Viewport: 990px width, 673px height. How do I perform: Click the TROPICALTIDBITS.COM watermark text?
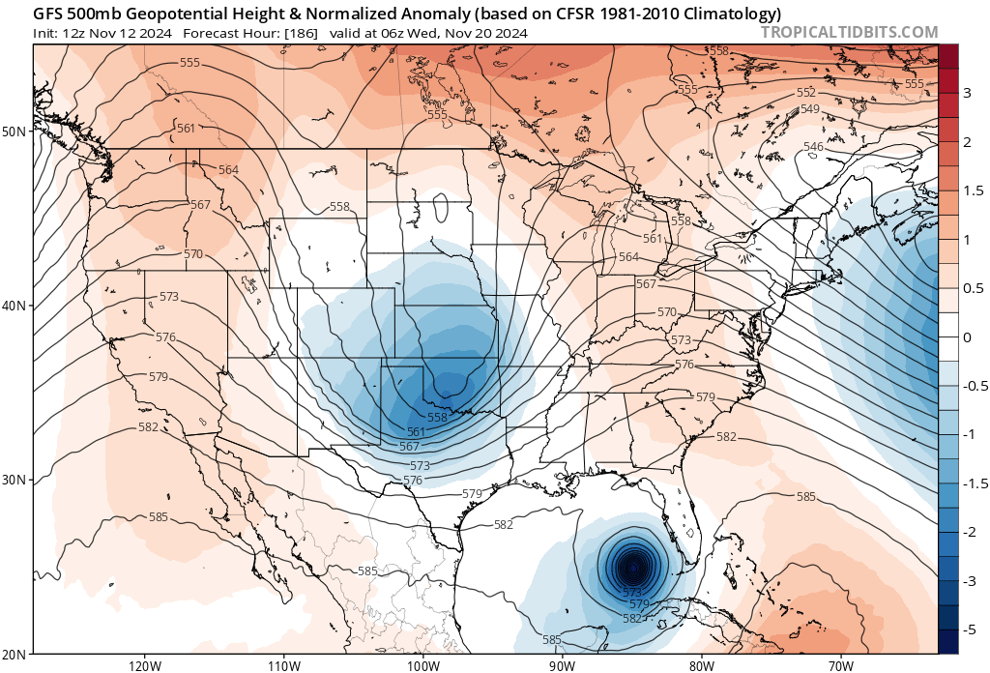tap(850, 33)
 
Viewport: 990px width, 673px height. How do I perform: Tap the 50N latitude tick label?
tap(15, 132)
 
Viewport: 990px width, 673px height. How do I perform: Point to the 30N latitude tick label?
tap(15, 480)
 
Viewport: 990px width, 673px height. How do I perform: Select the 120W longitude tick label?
tap(144, 664)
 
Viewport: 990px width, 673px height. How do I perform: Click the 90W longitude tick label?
tap(562, 664)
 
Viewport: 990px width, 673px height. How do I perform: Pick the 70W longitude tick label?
tap(840, 664)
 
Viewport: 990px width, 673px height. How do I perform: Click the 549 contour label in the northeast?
tap(810, 108)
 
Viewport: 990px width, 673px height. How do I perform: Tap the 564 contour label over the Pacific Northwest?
tap(228, 170)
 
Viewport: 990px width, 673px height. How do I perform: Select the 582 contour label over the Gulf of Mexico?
tap(503, 525)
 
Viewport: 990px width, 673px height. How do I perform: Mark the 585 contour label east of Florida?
tap(805, 497)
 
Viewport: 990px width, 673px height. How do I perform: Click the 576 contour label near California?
tap(164, 337)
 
